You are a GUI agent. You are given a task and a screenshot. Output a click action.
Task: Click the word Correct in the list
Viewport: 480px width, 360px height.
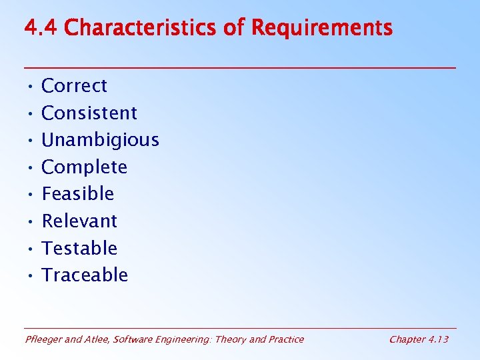click(x=74, y=86)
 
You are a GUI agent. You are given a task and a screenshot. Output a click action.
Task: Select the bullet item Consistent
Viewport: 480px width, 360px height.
click(x=89, y=113)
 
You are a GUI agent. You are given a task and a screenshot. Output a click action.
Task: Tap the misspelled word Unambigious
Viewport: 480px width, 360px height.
click(x=100, y=140)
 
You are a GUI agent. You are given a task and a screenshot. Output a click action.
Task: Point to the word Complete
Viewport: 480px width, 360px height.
click(x=84, y=167)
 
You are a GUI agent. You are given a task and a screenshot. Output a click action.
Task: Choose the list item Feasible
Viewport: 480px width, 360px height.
click(x=77, y=194)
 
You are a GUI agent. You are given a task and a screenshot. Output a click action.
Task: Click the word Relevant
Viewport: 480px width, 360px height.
click(x=79, y=221)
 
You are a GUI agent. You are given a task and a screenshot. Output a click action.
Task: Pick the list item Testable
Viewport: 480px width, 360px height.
click(x=79, y=248)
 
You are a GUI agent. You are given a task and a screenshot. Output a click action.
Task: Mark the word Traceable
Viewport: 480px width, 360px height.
click(x=85, y=275)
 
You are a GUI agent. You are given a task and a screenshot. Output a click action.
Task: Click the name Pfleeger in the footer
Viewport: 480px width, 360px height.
click(x=44, y=339)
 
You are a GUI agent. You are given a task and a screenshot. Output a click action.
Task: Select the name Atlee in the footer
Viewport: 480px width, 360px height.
click(x=99, y=339)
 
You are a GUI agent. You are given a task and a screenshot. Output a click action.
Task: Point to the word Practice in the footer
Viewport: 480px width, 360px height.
click(x=285, y=339)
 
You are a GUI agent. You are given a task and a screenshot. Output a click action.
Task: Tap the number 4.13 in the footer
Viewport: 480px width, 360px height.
click(x=437, y=339)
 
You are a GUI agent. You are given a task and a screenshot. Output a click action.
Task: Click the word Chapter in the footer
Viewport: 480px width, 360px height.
click(x=406, y=339)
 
